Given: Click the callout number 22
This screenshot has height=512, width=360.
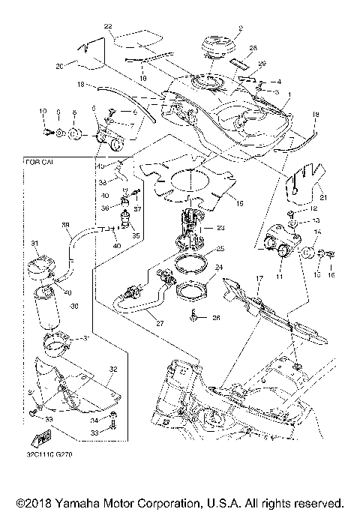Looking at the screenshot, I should (108, 27).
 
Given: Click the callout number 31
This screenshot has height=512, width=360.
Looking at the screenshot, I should (34, 243).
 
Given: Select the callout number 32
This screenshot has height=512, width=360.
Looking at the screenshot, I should (113, 370).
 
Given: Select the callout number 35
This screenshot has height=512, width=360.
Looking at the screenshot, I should (136, 235).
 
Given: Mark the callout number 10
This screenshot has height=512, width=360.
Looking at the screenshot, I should (43, 111).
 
